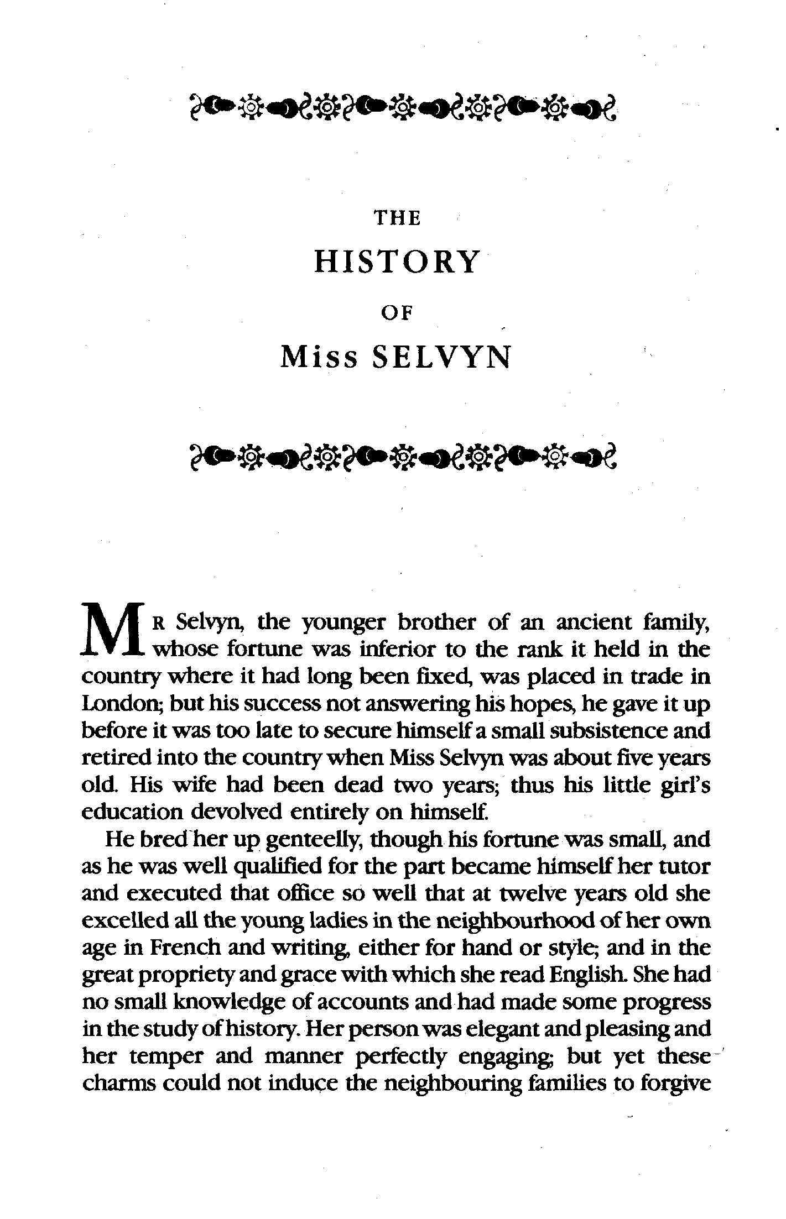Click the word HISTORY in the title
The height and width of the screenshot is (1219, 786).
click(397, 262)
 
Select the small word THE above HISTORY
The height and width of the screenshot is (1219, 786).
click(398, 219)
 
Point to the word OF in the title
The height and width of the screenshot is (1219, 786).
click(398, 313)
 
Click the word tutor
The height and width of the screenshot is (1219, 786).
click(683, 866)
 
